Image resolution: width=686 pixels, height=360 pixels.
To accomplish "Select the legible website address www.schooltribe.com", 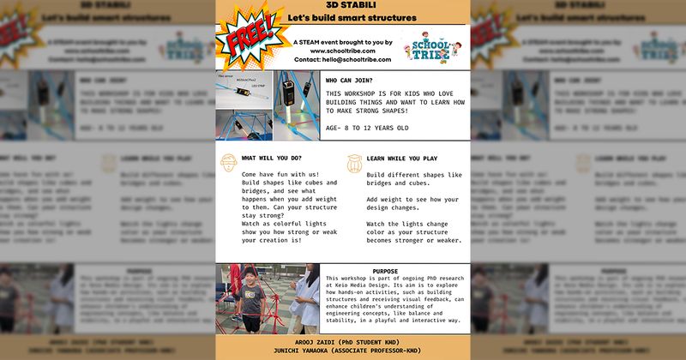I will tap(342, 51).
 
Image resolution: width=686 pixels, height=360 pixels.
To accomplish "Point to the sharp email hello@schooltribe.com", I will tap(342, 60).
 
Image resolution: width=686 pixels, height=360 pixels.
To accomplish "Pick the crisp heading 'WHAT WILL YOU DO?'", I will tap(272, 158).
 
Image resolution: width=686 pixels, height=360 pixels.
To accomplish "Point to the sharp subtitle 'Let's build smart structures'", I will tap(342, 18).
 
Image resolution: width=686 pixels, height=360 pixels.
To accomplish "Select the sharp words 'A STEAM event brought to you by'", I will tap(342, 41).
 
